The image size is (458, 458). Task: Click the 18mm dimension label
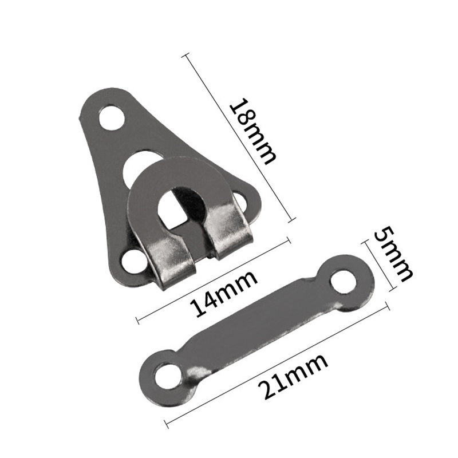(x=253, y=132)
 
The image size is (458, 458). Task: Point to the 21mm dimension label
(x=293, y=377)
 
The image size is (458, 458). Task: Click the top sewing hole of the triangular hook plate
(x=112, y=119)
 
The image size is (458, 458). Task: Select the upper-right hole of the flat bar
(x=345, y=279)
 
